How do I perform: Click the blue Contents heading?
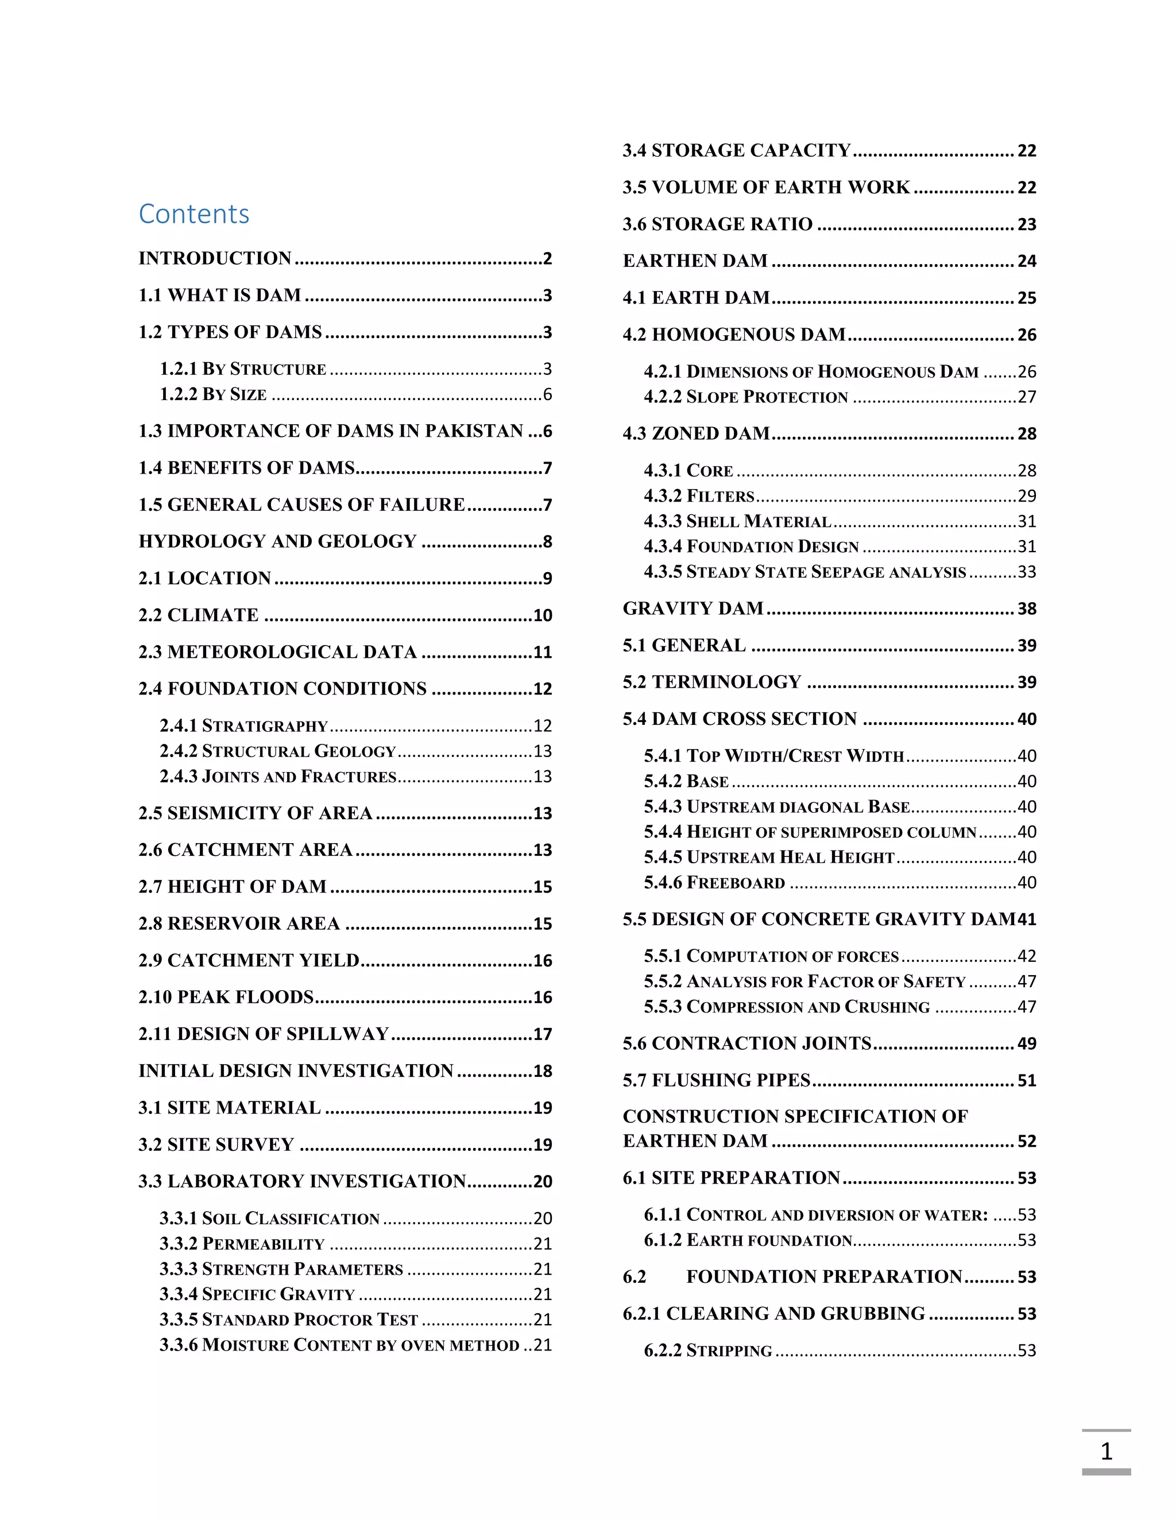tap(194, 214)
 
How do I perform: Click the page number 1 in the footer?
tap(1105, 1452)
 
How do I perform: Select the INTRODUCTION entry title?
tap(215, 258)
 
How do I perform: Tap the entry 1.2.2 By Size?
tap(213, 394)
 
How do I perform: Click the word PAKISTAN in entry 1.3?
tap(474, 431)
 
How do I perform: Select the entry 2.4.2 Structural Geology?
tap(277, 751)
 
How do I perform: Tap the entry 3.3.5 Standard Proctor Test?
tap(288, 1320)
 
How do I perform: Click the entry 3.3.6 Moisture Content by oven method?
tap(339, 1345)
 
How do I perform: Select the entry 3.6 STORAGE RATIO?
tap(718, 224)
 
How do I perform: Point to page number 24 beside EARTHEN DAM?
tap(1026, 261)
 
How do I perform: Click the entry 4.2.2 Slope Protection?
tap(745, 397)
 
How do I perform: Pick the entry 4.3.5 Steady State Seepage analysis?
tap(804, 572)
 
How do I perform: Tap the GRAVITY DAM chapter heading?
tap(693, 608)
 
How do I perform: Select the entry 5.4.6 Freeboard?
tap(714, 882)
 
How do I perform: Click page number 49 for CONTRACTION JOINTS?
tap(1026, 1044)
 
